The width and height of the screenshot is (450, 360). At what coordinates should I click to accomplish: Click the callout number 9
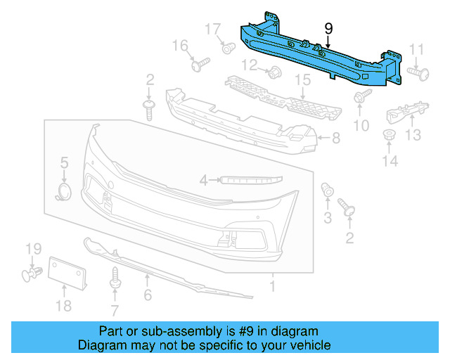[328, 29]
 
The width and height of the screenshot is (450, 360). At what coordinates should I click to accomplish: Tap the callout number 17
[213, 30]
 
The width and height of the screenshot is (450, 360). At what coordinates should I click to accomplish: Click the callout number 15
[302, 80]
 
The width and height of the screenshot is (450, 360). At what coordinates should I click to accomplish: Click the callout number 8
[335, 139]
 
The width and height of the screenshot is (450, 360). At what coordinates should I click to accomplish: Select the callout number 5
[64, 162]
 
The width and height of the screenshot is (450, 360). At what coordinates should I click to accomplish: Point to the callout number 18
[63, 305]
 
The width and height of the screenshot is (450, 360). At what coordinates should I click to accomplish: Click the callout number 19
[34, 248]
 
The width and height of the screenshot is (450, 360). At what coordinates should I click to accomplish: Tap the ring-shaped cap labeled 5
[64, 192]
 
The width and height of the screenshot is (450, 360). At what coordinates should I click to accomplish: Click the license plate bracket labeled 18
[67, 274]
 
